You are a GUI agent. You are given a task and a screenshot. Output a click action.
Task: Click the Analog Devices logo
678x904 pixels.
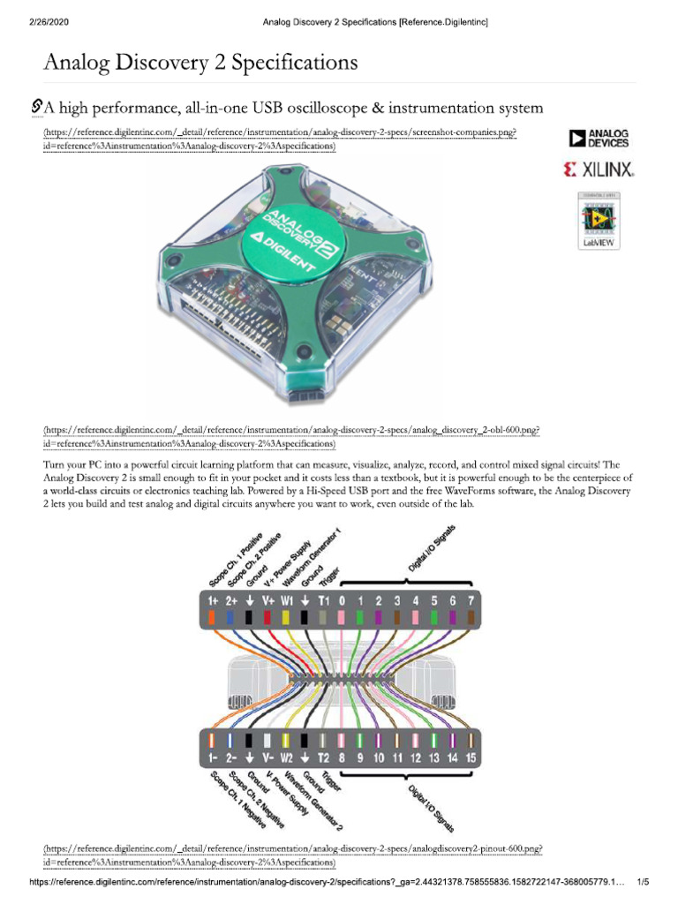tap(599, 138)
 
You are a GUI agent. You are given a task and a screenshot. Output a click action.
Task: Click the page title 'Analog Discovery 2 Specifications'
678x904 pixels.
tap(200, 63)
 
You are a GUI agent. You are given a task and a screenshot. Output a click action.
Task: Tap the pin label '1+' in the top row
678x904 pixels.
tap(213, 600)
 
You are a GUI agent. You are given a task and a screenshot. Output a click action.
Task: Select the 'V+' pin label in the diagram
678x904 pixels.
tap(267, 600)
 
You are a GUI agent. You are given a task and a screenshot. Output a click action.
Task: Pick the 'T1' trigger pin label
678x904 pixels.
tap(323, 600)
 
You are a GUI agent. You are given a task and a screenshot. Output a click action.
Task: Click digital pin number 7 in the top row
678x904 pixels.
tap(471, 600)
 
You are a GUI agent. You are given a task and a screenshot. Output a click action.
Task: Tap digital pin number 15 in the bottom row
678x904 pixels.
tap(471, 757)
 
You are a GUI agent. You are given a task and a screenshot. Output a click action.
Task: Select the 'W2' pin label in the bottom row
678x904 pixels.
tap(286, 757)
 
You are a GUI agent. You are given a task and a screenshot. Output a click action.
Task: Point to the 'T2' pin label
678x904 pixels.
tap(323, 757)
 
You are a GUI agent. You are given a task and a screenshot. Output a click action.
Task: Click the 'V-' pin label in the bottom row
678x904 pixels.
tap(267, 757)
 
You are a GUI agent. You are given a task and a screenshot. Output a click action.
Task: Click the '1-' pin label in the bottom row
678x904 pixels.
tap(213, 757)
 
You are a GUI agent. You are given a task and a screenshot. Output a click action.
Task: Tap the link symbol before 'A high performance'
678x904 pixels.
tap(36, 108)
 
